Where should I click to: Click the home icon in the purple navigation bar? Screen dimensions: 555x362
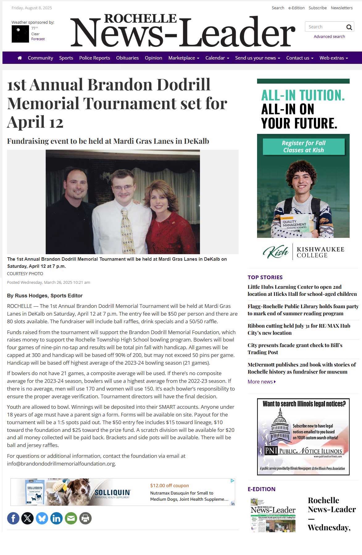(x=20, y=58)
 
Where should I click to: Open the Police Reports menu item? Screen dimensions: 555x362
(x=94, y=58)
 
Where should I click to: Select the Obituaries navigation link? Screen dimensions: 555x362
(x=127, y=58)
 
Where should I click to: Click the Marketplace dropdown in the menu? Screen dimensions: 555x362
(x=184, y=58)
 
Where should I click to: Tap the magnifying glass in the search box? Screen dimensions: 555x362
(x=349, y=27)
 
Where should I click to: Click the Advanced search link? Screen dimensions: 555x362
(x=329, y=36)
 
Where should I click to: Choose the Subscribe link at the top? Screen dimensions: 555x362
(x=318, y=8)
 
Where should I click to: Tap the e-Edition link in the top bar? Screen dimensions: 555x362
(x=296, y=8)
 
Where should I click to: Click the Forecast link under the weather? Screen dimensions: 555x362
(x=38, y=39)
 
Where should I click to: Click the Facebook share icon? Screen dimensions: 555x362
(x=13, y=518)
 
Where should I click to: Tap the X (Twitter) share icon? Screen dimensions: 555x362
(x=27, y=518)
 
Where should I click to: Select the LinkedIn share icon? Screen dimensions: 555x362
(x=56, y=518)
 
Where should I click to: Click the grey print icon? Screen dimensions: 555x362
(x=85, y=518)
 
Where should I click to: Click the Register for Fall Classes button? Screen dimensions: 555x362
(x=304, y=147)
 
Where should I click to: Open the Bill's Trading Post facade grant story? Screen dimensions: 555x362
(x=295, y=349)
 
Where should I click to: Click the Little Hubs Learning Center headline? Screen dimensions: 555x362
(x=302, y=290)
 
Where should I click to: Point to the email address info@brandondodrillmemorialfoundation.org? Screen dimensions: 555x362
(x=61, y=463)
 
